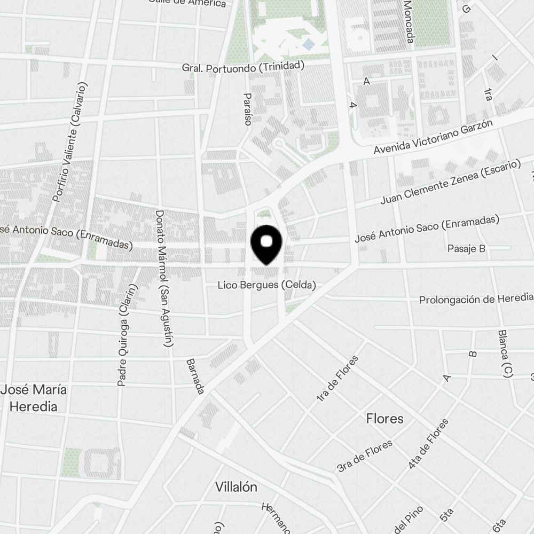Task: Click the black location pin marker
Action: (266, 245)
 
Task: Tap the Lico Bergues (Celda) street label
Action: (266, 285)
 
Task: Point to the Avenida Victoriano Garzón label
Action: (433, 138)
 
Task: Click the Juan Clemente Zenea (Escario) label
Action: (450, 182)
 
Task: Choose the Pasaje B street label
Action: (466, 248)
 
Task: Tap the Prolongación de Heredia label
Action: (476, 299)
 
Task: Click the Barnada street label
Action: (195, 376)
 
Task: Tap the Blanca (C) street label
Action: (505, 354)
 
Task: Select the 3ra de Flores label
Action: (365, 456)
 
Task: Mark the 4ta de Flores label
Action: (428, 444)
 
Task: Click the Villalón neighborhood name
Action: (236, 487)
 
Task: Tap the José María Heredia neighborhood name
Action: (34, 398)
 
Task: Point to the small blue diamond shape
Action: (308, 44)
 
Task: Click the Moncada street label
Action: (409, 22)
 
